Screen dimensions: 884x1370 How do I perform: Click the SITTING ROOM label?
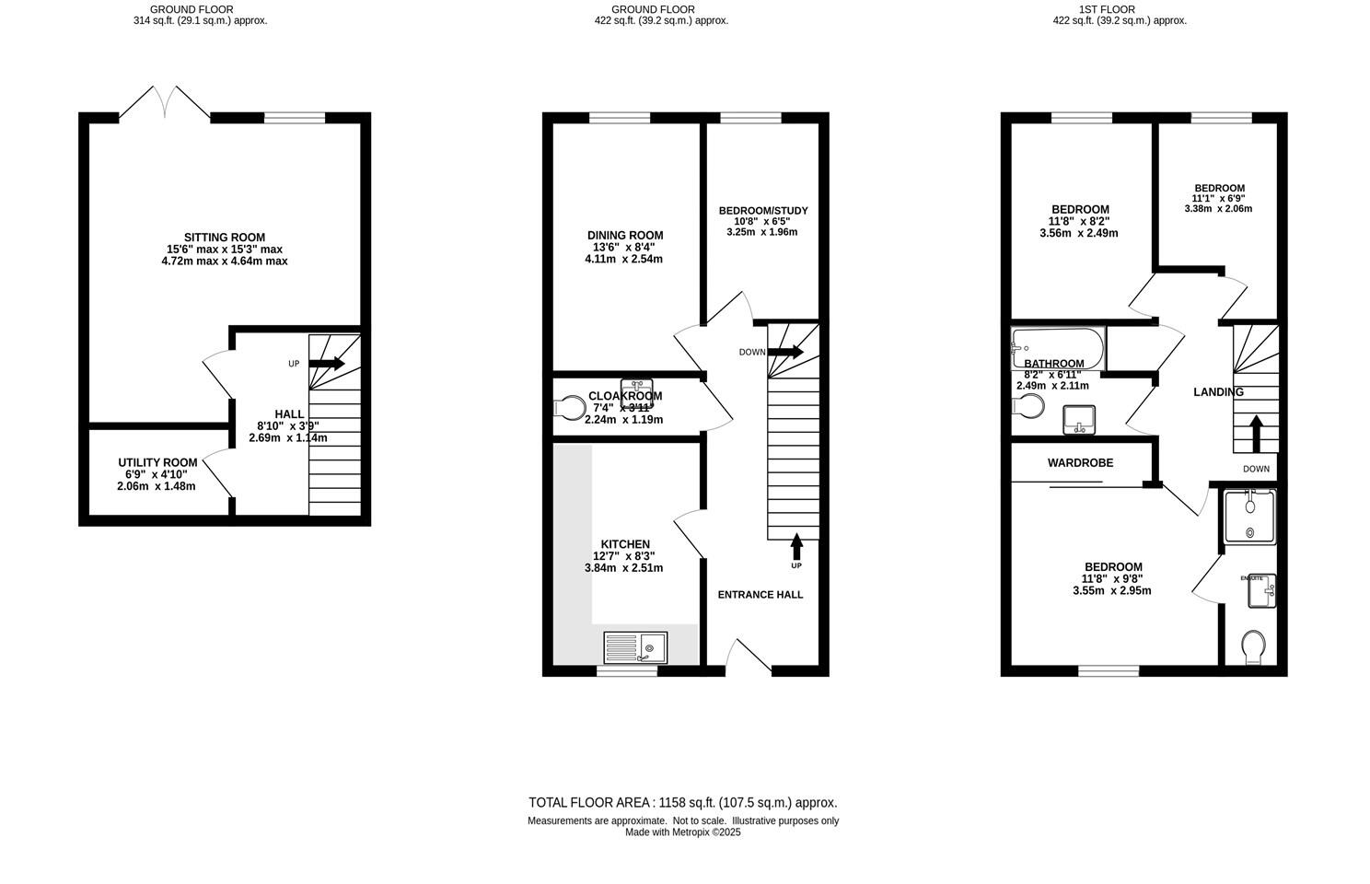224,238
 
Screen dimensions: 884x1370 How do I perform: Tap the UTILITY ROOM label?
157,462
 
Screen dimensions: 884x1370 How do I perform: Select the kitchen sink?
635,647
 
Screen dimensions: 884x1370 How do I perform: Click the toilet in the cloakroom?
572,407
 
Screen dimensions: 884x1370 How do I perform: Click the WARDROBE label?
1080,463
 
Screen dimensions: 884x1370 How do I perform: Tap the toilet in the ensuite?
1253,646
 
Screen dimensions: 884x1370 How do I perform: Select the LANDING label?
1218,392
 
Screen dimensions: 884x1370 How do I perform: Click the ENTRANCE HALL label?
760,595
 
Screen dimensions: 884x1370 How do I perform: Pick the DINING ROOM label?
625,236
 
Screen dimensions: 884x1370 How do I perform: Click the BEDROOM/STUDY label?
763,211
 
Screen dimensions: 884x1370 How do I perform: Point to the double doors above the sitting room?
166,101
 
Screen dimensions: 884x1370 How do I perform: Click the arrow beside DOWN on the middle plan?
785,352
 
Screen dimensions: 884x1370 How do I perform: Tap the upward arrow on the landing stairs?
1254,434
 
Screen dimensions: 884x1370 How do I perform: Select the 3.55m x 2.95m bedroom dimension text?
1112,591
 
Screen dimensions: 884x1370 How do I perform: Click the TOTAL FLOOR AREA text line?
683,803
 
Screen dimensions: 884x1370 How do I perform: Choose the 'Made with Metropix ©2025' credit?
683,832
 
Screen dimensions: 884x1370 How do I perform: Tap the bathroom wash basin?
1078,420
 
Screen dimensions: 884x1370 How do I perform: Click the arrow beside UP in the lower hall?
327,364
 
